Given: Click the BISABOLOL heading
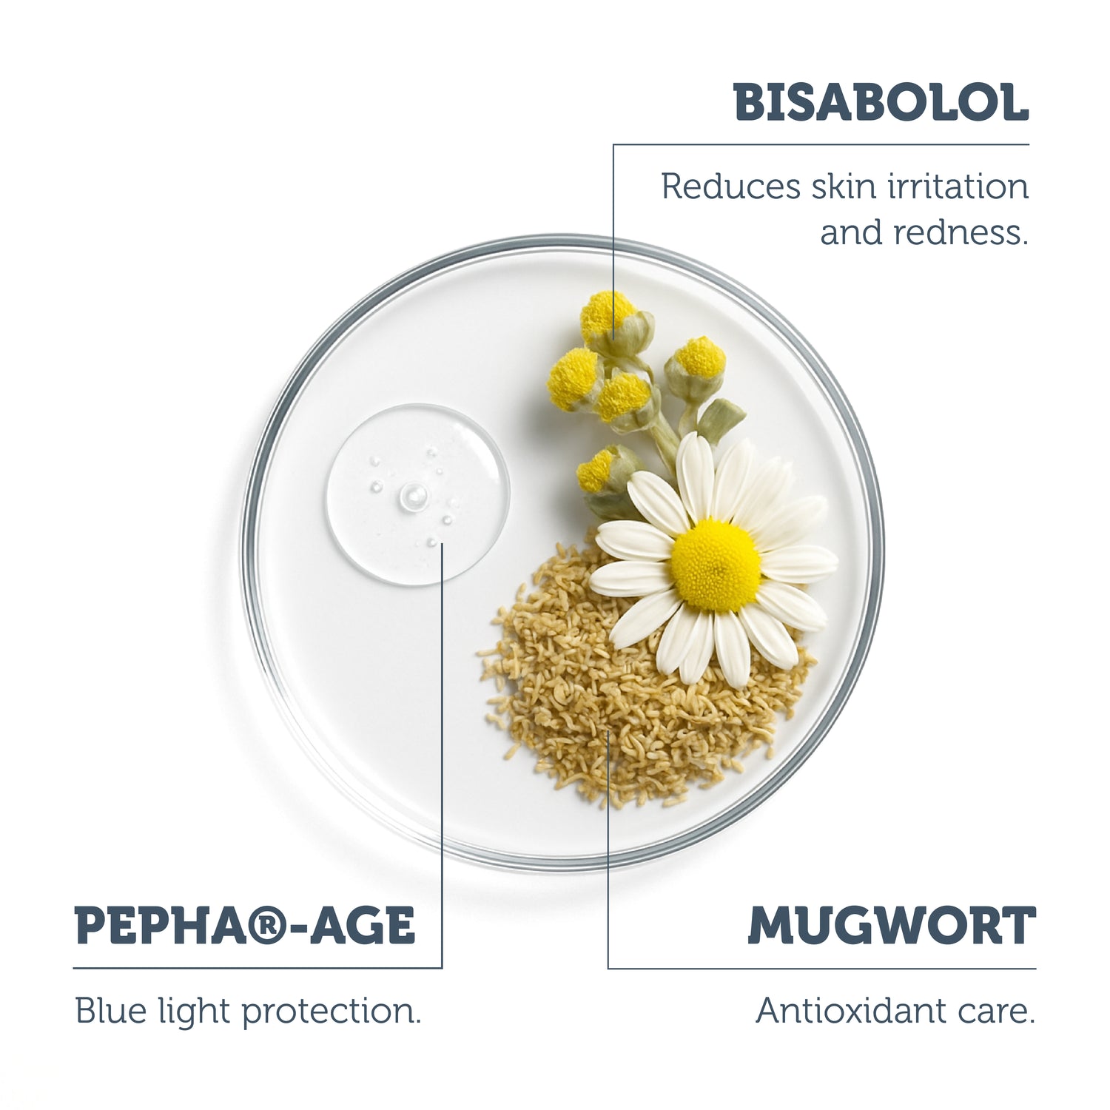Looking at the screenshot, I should (881, 103).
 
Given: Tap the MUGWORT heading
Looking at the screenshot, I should (891, 926).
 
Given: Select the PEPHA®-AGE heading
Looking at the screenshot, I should (245, 926).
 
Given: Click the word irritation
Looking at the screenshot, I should (958, 186).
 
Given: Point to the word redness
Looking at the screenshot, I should (961, 232).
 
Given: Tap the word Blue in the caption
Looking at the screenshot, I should (110, 1011).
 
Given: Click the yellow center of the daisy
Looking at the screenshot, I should (715, 565).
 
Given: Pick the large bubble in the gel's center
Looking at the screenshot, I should (413, 495).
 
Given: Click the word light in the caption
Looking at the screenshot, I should (194, 1011).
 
